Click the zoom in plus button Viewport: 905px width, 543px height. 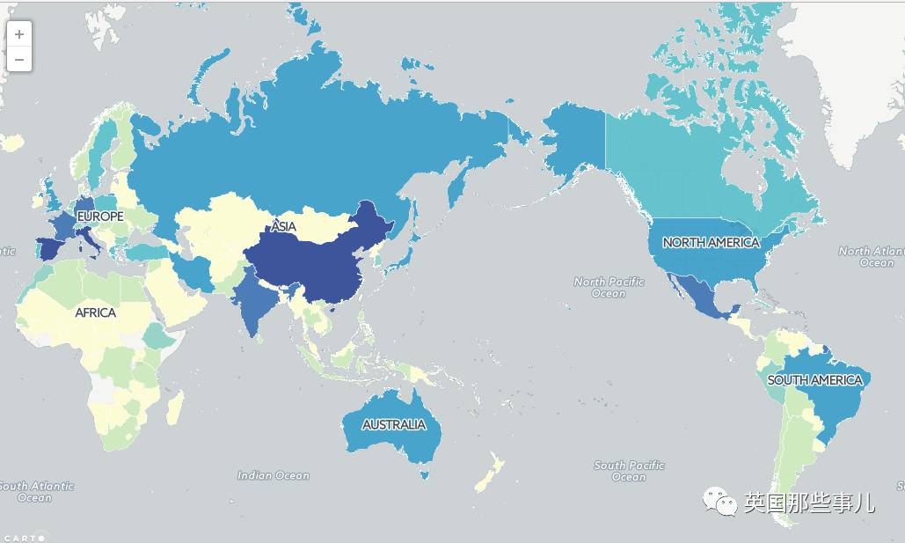tap(19, 34)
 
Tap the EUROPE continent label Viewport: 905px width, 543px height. tap(99, 216)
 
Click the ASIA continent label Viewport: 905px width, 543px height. tap(283, 227)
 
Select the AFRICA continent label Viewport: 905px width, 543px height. tap(95, 312)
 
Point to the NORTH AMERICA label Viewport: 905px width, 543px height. tap(711, 242)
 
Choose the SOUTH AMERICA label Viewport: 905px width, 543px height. tap(814, 380)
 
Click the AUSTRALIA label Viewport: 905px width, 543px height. tap(394, 425)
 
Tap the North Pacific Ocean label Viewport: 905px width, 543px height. tap(609, 287)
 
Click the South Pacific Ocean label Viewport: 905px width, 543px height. tap(629, 471)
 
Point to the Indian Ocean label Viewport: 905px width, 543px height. tap(274, 475)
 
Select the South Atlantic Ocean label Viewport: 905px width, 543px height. tap(35, 491)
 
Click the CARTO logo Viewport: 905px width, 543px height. tap(22, 537)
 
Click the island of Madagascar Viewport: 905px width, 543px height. tap(175, 407)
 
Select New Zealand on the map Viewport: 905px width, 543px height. tap(488, 473)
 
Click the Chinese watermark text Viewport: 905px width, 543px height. tap(809, 503)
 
